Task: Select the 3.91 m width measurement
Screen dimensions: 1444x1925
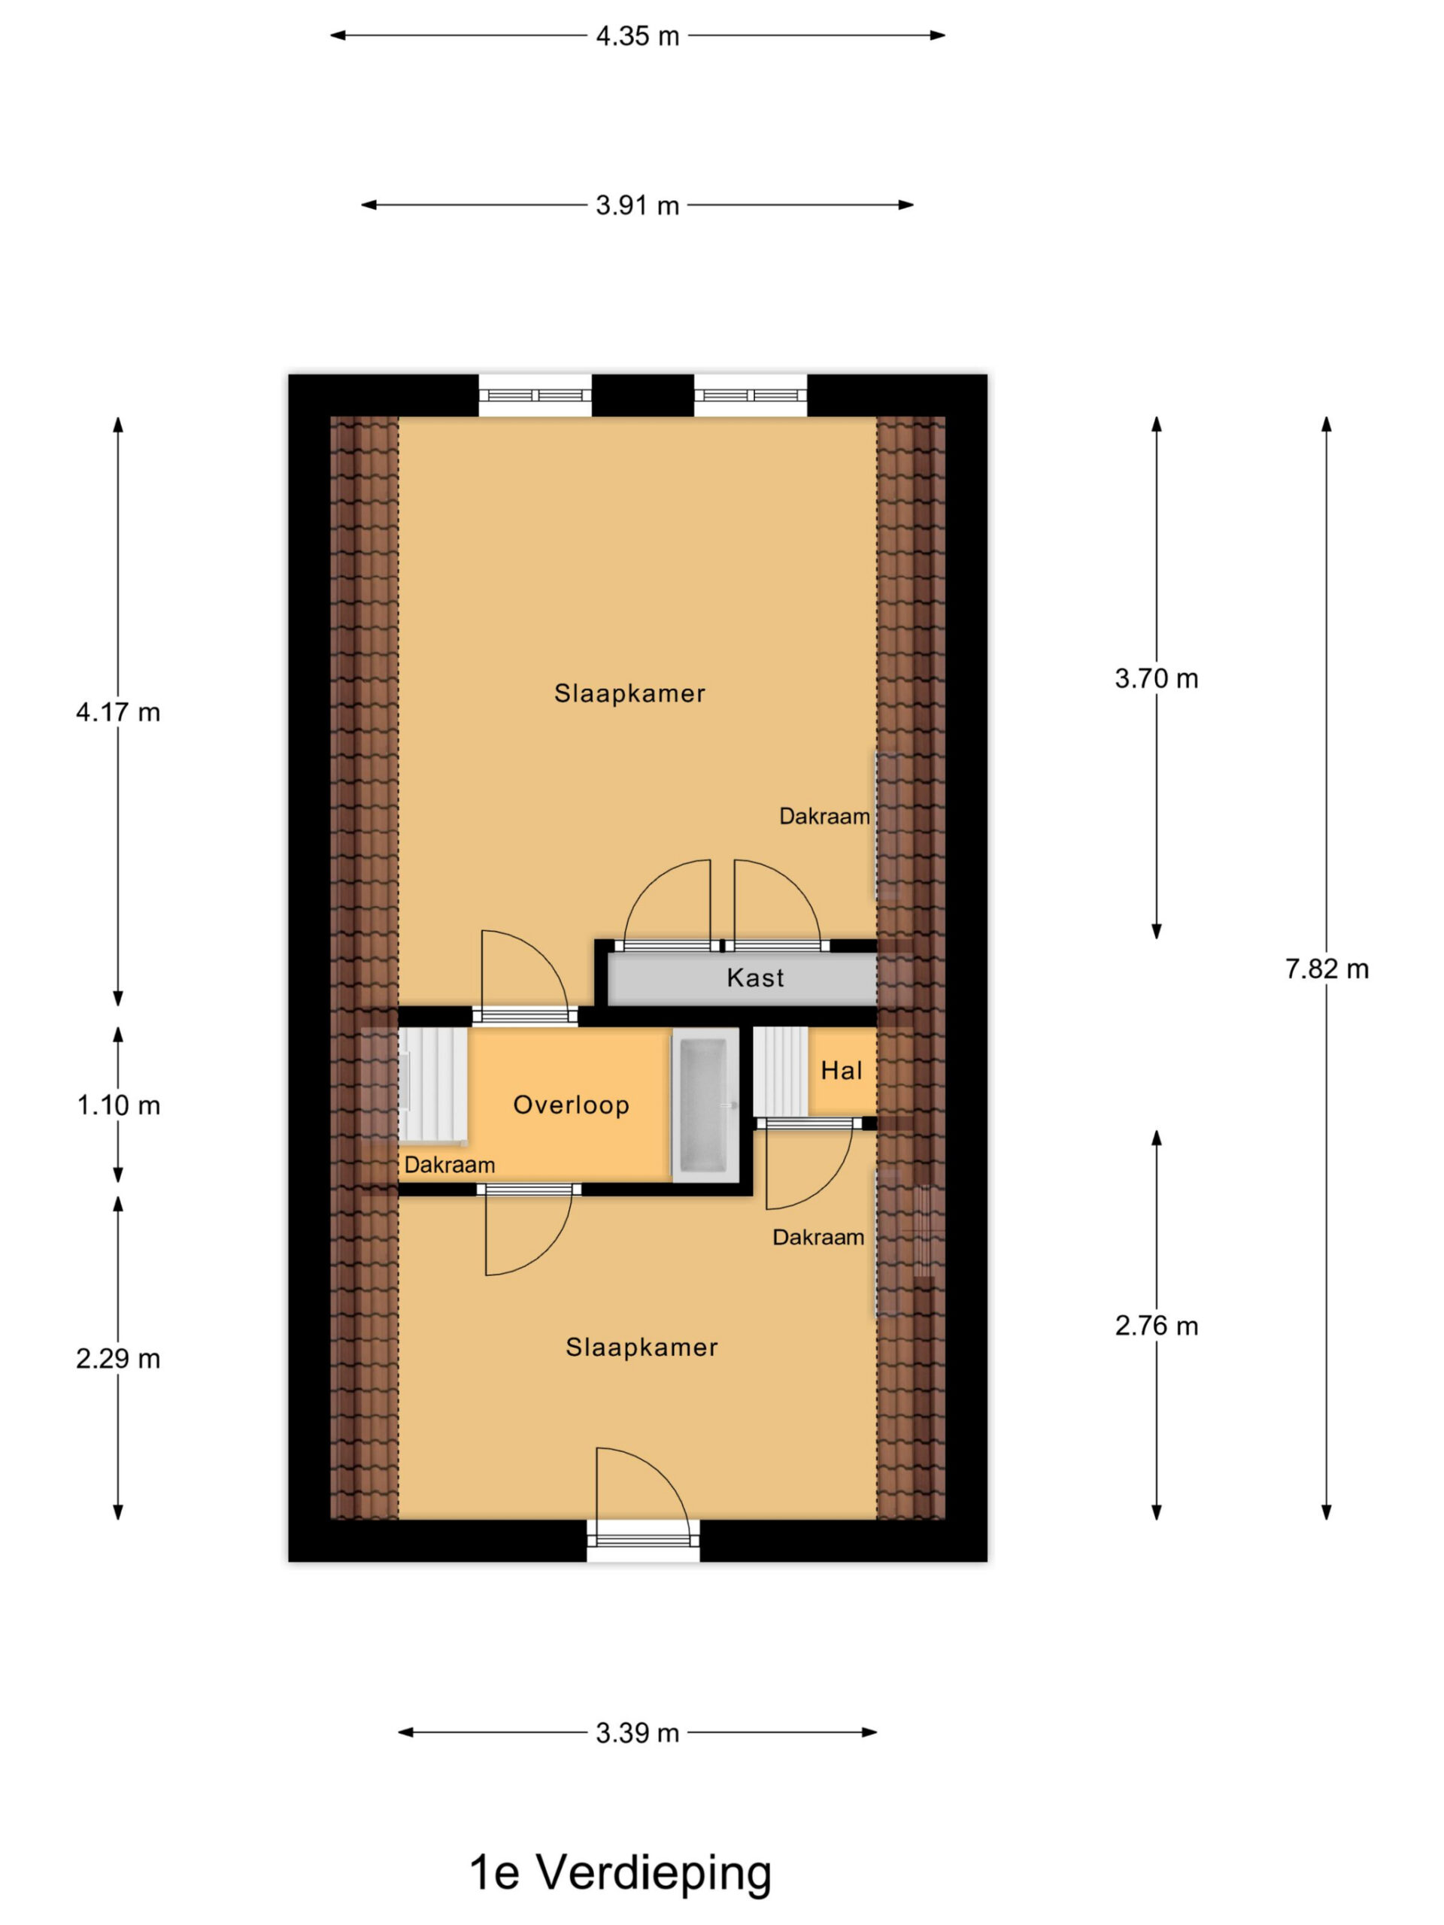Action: (x=637, y=205)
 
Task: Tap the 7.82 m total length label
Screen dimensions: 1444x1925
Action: (x=1327, y=969)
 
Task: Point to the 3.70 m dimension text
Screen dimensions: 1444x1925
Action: (x=1156, y=678)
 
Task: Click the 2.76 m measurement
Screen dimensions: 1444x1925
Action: (x=1156, y=1326)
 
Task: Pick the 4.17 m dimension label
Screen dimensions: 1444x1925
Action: (x=118, y=712)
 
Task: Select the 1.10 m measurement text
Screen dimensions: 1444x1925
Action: (x=118, y=1105)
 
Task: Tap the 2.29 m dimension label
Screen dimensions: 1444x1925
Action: (x=118, y=1359)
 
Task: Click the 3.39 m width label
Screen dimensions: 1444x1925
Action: (x=637, y=1732)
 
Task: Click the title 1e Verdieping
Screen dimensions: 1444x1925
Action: (x=620, y=1873)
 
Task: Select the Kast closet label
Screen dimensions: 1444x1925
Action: (x=756, y=978)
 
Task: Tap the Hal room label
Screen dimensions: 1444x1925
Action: (x=842, y=1071)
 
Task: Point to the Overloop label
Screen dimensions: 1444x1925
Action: (x=571, y=1105)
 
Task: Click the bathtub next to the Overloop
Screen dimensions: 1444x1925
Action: (x=704, y=1105)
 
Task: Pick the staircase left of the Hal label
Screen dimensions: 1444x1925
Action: (x=781, y=1072)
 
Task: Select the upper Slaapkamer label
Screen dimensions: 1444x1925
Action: (x=630, y=693)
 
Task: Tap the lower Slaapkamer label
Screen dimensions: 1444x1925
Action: (x=642, y=1347)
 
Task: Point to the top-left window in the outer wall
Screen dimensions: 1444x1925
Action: (x=535, y=395)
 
